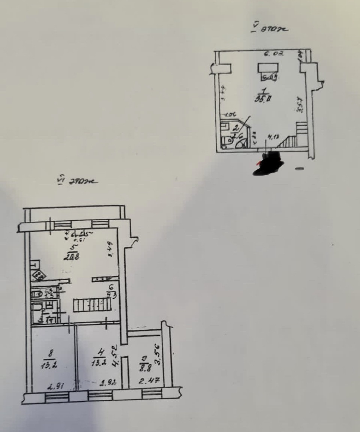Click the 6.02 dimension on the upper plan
click(x=274, y=54)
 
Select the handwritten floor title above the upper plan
click(x=270, y=28)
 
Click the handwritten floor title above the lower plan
click(x=77, y=181)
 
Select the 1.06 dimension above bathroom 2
click(x=230, y=115)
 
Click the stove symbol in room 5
click(x=39, y=276)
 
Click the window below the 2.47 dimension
click(x=152, y=393)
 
